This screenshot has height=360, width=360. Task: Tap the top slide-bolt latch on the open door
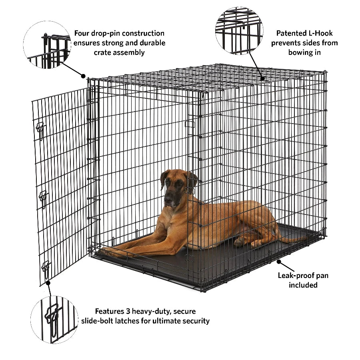coord(40,131)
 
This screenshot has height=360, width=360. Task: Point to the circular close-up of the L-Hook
coord(239,30)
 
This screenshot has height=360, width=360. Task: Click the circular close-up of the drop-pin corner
coord(47,45)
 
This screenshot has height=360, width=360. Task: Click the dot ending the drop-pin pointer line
coord(83,75)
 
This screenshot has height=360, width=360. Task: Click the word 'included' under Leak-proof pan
coord(303,285)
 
